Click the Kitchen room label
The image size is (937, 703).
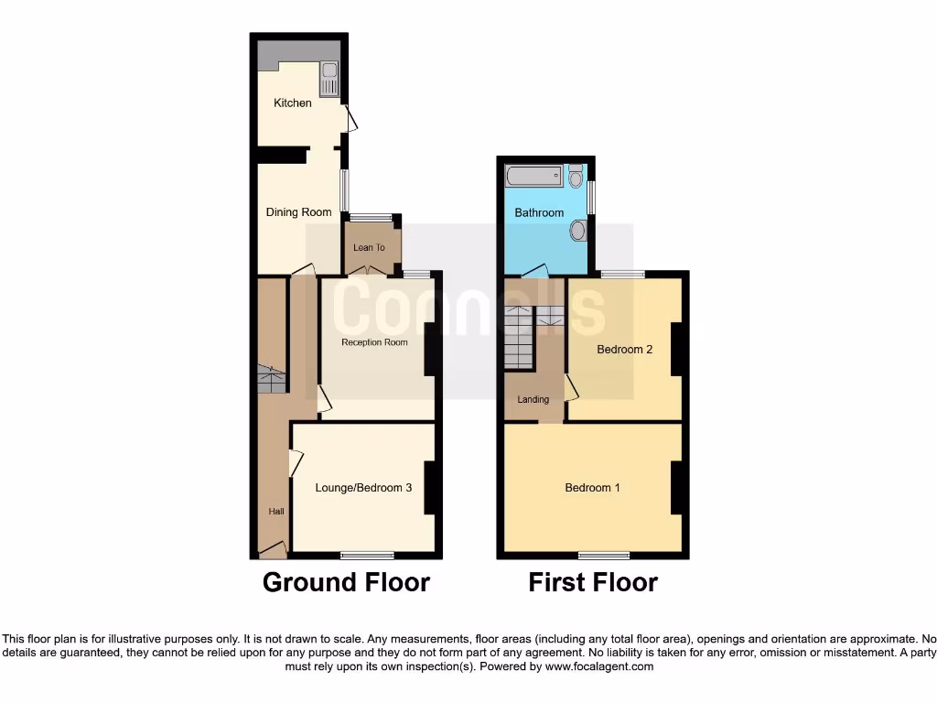click(x=293, y=103)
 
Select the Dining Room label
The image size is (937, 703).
click(x=298, y=212)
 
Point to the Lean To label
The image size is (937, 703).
click(x=369, y=247)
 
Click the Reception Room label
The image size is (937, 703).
click(x=374, y=343)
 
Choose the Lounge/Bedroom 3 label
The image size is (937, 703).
click(x=363, y=488)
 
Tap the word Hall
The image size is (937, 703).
click(x=275, y=512)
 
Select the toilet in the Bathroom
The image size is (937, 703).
click(x=576, y=176)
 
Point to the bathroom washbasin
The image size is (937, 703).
click(x=578, y=230)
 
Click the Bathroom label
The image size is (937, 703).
click(x=539, y=213)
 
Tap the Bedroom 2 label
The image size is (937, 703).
click(x=624, y=349)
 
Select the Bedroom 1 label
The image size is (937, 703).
click(x=592, y=488)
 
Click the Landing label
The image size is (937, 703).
click(x=533, y=399)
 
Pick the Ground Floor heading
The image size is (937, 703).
click(x=346, y=582)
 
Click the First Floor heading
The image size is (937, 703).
click(x=593, y=582)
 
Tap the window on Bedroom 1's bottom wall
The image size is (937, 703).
click(x=603, y=555)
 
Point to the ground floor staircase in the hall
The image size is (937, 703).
click(x=271, y=379)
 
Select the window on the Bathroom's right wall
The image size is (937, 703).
click(x=592, y=197)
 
